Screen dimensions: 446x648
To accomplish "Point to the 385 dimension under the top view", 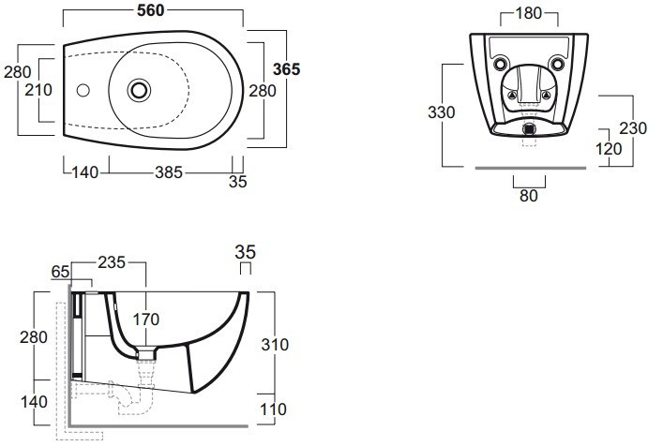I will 167,172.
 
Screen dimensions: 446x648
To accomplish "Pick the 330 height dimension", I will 441,112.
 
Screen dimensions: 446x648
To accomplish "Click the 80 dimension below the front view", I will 528,196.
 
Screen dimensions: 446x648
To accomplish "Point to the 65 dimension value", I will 60,271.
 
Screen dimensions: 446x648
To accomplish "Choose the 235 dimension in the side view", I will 113,264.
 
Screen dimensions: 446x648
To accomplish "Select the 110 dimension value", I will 274,409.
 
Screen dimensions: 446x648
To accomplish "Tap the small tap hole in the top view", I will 83,91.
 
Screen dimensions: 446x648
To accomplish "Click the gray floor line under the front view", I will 529,168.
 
